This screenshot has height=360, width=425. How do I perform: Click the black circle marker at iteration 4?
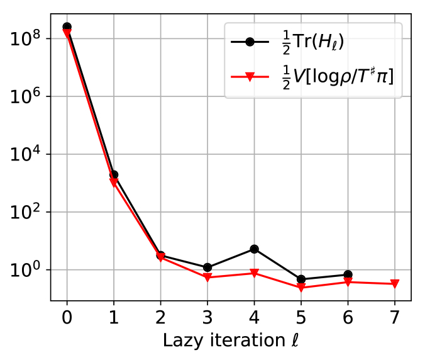point(254,249)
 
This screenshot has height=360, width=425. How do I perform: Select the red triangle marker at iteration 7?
point(395,284)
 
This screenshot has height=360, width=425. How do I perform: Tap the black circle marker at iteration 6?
point(348,275)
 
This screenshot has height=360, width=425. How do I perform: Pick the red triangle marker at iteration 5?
point(301,288)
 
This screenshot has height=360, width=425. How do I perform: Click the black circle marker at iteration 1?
point(114,175)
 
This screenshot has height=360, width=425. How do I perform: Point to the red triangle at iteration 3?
point(207,277)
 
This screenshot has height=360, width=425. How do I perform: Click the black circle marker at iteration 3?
point(207,267)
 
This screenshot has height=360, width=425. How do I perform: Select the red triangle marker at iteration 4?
point(254,273)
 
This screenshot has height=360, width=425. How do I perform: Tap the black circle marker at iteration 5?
point(301,279)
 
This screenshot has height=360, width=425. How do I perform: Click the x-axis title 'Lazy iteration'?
point(229,340)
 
